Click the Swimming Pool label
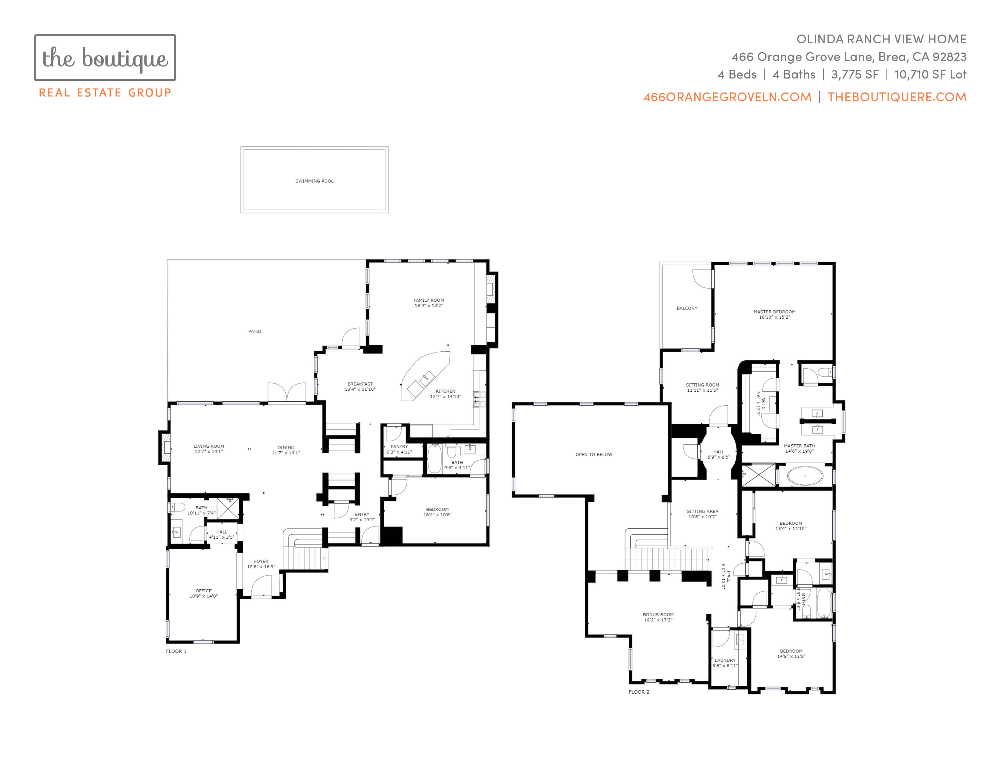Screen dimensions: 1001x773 [315, 181]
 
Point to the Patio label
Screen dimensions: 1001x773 [255, 331]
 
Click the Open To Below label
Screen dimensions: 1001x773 [594, 455]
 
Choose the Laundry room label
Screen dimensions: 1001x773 [725, 660]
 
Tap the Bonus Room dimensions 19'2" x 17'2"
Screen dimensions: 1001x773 [658, 620]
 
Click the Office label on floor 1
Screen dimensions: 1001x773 [204, 591]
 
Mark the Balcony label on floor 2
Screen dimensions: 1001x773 [687, 308]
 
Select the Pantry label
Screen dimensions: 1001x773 [399, 447]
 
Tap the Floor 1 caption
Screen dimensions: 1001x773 [176, 651]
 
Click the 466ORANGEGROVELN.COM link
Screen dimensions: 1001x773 [727, 97]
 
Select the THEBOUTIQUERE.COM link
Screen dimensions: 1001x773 [897, 97]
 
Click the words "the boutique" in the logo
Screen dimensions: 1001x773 [105, 59]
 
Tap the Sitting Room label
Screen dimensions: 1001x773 [702, 385]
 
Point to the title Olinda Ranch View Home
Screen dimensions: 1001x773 [881, 39]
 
